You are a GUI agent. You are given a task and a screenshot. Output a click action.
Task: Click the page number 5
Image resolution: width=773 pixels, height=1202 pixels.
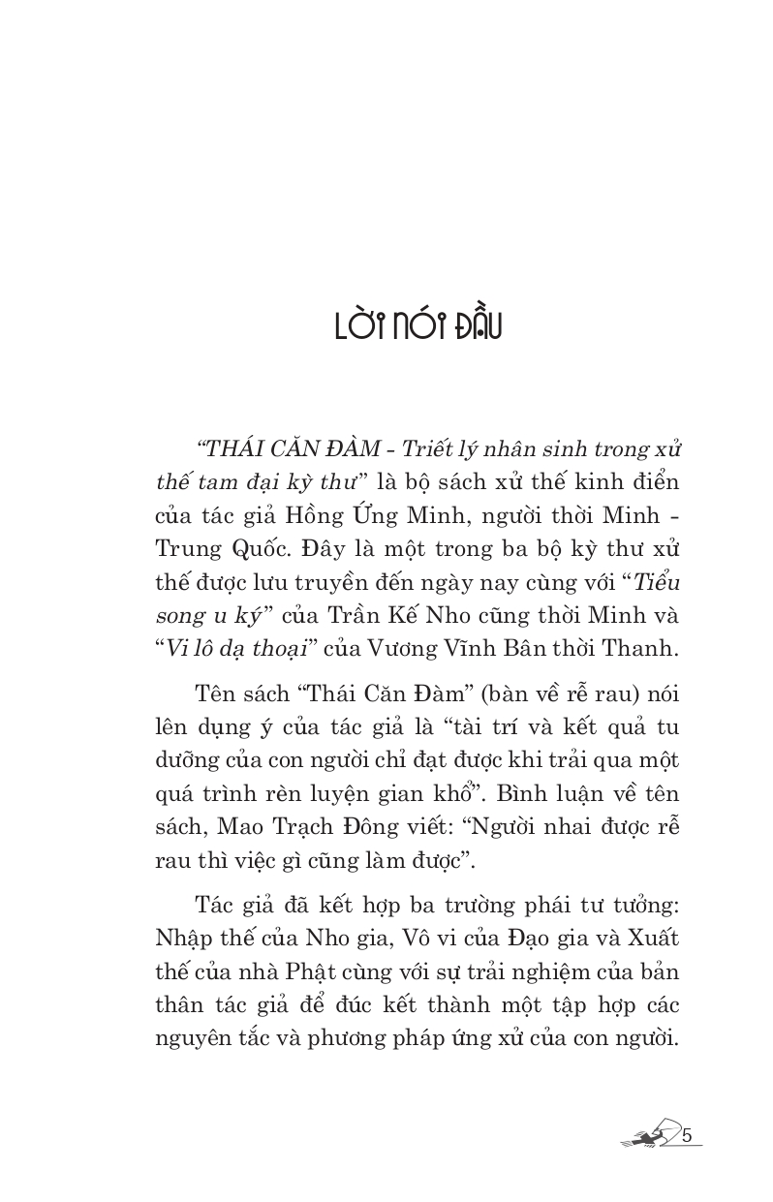coord(689,1135)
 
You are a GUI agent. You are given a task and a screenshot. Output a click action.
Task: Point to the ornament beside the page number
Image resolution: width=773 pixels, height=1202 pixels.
coord(650,1136)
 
